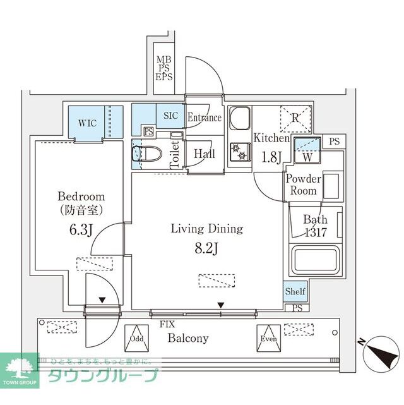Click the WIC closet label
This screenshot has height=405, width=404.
tap(87, 123)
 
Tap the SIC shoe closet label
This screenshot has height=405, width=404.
tap(170, 116)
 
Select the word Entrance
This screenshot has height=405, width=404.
tap(205, 118)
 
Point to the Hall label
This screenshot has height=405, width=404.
tap(205, 154)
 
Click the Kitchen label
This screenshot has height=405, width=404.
tap(271, 138)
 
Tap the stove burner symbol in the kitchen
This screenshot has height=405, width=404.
tap(240, 150)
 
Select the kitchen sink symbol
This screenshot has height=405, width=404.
tap(240, 119)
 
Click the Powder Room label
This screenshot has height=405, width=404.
tap(304, 184)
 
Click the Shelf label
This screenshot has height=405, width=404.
tap(295, 292)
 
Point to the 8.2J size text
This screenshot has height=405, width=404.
tap(206, 247)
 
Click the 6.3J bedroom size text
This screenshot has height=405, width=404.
tap(81, 228)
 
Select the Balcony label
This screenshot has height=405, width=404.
tap(187, 338)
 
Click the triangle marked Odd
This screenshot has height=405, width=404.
tap(137, 335)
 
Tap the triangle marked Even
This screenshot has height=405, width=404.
tap(268, 335)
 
